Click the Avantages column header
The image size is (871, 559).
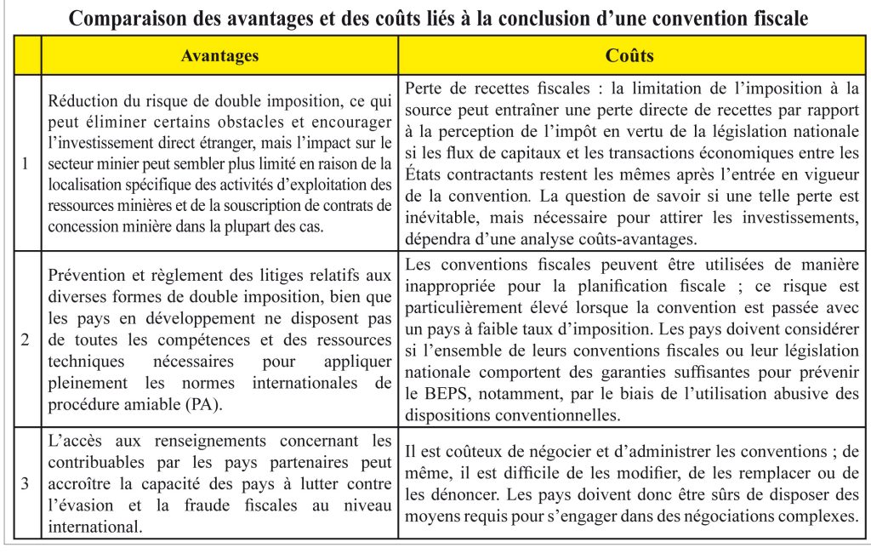(219, 56)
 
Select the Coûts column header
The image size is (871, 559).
(629, 56)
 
